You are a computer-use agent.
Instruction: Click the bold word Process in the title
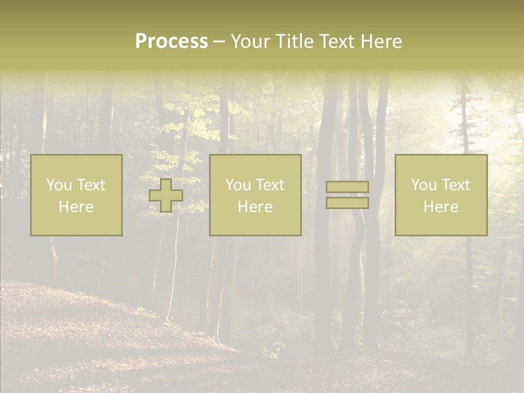point(171,41)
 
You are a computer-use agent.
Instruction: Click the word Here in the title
point(382,41)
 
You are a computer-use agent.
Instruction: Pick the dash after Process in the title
point(219,42)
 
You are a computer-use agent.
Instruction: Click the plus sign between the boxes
point(166,195)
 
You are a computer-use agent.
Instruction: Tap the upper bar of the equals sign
point(347,187)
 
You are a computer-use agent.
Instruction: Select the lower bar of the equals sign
point(347,203)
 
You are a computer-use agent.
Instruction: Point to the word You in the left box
point(59,185)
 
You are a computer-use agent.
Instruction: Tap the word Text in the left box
point(91,185)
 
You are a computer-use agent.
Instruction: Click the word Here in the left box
point(76,207)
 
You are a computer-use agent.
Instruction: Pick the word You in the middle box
point(238,185)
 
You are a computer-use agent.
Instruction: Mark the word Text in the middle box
point(270,185)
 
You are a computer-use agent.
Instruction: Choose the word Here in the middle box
point(255,207)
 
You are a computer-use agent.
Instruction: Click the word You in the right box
point(424,185)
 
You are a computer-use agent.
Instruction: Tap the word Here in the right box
point(441,207)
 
